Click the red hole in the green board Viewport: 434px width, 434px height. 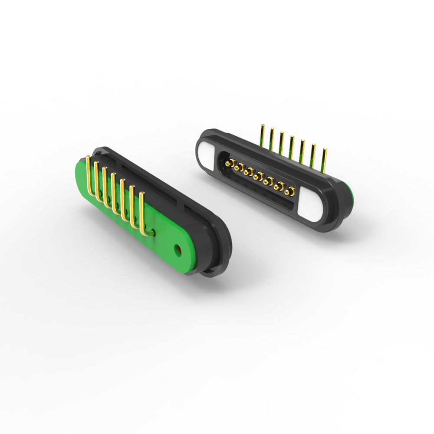coord(177,249)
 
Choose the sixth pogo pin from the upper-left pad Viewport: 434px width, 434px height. coord(279,186)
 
